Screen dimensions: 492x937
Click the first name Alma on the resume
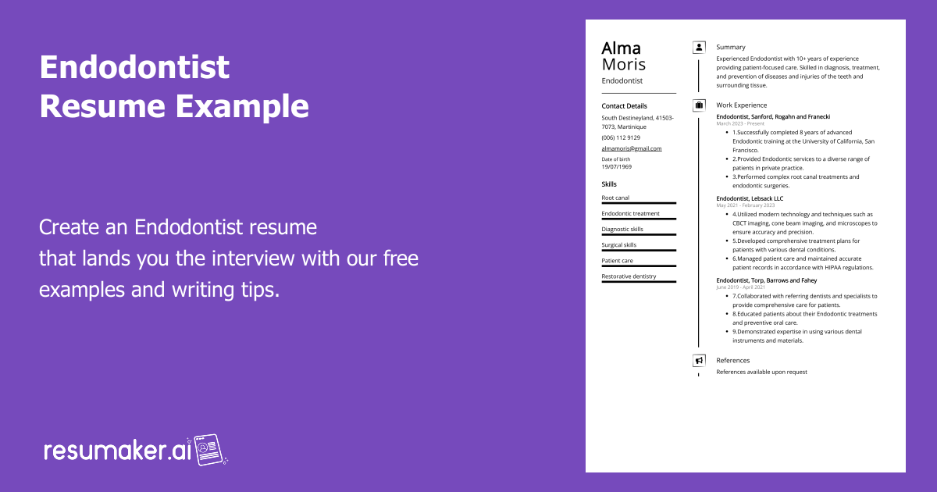click(x=621, y=48)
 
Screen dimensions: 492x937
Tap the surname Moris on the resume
click(x=623, y=65)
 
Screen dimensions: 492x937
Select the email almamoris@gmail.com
click(x=631, y=148)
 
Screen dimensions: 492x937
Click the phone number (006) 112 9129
click(x=621, y=137)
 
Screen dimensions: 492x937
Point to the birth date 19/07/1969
click(x=617, y=167)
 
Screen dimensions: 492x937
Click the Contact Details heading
click(x=624, y=106)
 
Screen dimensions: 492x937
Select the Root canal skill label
click(x=615, y=198)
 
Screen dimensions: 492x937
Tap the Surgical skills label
click(x=618, y=245)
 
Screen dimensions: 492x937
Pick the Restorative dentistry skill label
click(x=629, y=276)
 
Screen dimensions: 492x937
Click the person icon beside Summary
click(x=699, y=48)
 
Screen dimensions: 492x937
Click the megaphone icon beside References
click(x=699, y=361)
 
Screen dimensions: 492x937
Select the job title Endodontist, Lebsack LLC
click(x=750, y=198)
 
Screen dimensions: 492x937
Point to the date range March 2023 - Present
click(x=740, y=123)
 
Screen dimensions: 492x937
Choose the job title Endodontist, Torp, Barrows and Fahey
click(x=766, y=280)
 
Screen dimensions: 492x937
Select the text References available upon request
click(x=761, y=373)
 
